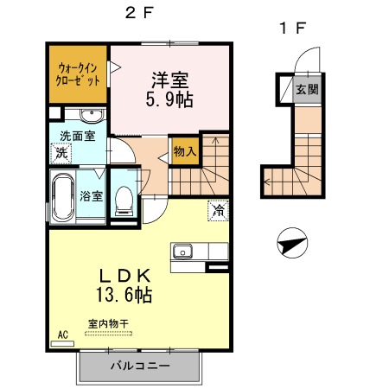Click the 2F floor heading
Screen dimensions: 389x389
coord(138,13)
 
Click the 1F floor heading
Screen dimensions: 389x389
coord(292,28)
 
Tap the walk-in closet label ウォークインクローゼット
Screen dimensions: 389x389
coord(77,74)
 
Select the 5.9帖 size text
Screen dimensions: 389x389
coord(169,99)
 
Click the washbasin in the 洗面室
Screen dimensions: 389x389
coord(92,115)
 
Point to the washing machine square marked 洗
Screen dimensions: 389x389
coord(61,153)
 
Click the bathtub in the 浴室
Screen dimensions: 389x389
coord(63,197)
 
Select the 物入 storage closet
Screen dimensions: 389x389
coord(184,151)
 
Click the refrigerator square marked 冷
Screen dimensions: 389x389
coord(218,210)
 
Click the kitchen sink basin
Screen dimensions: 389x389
coord(182,251)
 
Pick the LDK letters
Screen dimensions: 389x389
coord(125,276)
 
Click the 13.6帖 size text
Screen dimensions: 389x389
coord(124,295)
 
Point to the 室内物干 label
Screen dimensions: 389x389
coord(108,324)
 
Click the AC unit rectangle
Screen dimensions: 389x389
coord(62,343)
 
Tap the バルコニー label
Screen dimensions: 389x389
coord(140,366)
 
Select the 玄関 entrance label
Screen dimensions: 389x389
coord(307,90)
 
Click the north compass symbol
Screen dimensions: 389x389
coord(292,243)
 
